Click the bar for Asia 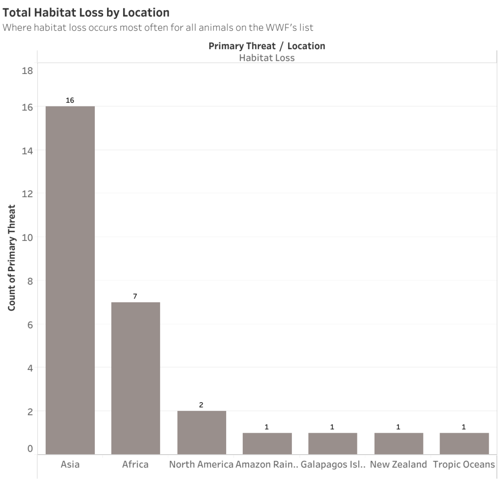coord(70,280)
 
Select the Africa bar coord(136,378)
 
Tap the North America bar coord(201,432)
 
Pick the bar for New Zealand coord(398,443)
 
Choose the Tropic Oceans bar coord(464,443)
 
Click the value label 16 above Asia coord(70,100)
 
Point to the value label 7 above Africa coord(136,296)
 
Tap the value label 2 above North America coord(201,405)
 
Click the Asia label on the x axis coord(70,464)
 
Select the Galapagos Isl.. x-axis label coord(333,464)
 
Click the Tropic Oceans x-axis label coord(464,464)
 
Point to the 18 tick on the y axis coord(27,71)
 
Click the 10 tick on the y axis coord(27,238)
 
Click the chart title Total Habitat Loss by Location coord(86,12)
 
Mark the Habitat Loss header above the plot coord(267,58)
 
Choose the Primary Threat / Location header coord(267,46)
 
